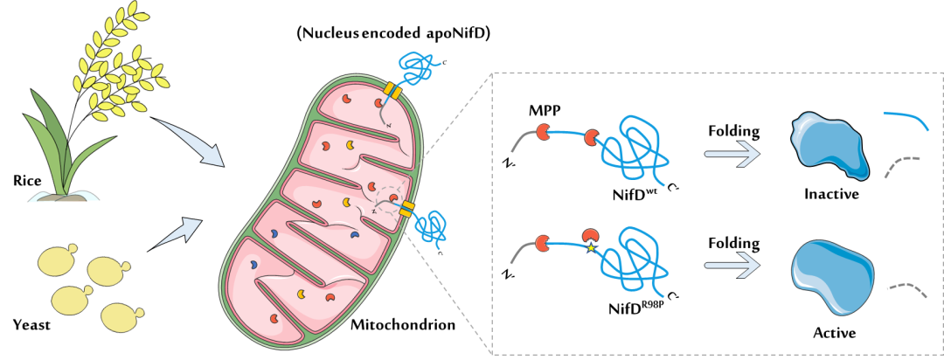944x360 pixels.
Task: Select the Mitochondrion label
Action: click(403, 326)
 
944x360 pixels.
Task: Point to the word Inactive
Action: click(830, 195)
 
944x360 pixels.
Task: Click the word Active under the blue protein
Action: click(835, 332)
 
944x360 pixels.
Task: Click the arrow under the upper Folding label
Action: click(732, 154)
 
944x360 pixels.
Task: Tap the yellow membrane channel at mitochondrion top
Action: click(392, 92)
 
